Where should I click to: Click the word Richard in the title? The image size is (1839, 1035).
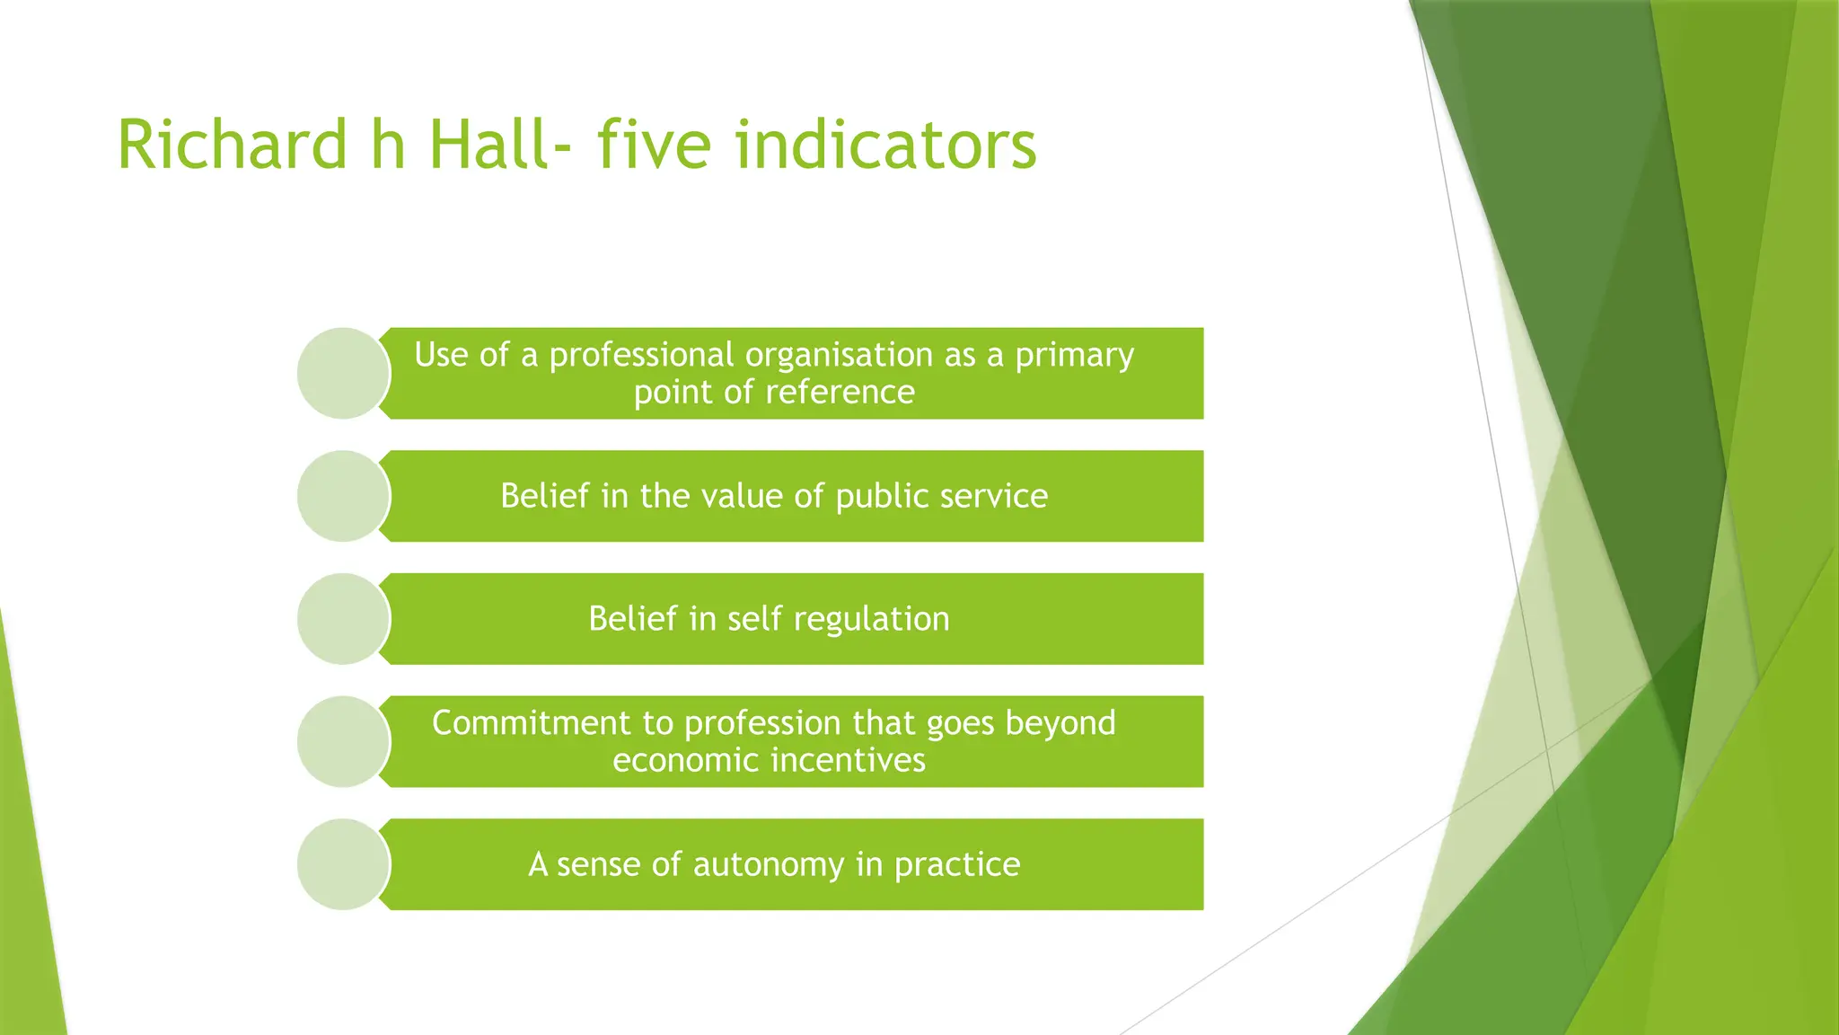pos(232,146)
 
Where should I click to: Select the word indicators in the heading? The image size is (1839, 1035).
pos(885,146)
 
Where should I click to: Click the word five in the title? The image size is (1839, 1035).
pos(654,146)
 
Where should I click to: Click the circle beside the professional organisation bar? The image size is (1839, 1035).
pos(343,373)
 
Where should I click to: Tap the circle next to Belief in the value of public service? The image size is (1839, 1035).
pos(343,496)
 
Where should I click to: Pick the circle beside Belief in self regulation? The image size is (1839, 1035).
pos(343,619)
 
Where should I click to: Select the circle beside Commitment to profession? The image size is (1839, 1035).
pos(343,742)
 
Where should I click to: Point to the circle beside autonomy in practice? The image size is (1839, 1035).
pos(343,864)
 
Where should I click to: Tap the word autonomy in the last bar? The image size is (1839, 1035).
pos(768,864)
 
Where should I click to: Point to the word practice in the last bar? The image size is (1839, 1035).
pos(956,864)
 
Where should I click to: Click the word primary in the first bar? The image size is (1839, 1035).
pos(1074,356)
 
